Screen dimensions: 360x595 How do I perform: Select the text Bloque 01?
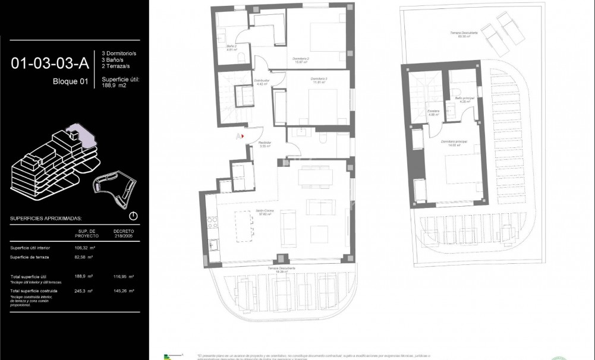coord(70,82)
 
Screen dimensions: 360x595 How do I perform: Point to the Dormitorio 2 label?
coord(301,60)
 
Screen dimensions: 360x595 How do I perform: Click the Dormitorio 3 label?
coord(319,80)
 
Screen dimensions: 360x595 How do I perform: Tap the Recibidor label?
coord(265,144)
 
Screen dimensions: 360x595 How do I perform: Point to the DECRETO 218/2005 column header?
coord(123,233)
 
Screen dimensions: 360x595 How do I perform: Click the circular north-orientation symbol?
coord(133,216)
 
